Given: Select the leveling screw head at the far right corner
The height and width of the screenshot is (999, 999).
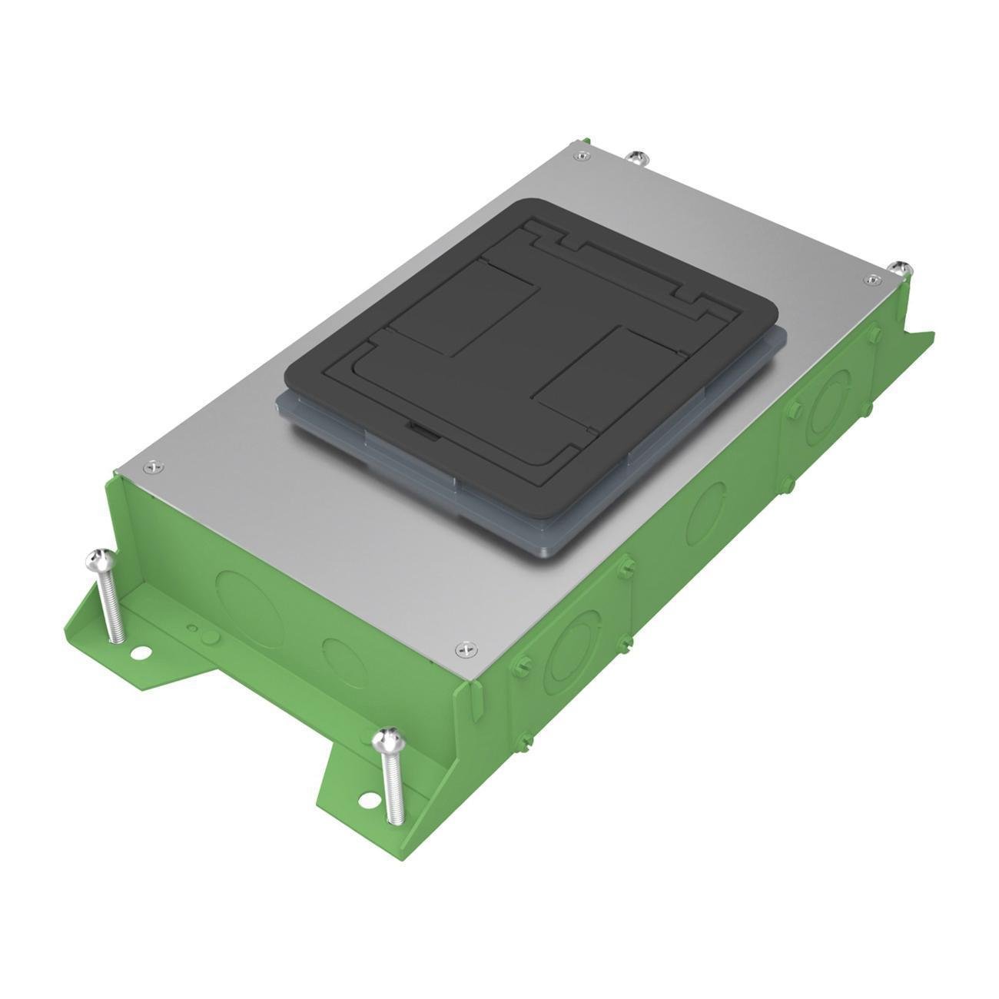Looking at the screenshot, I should (899, 267).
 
